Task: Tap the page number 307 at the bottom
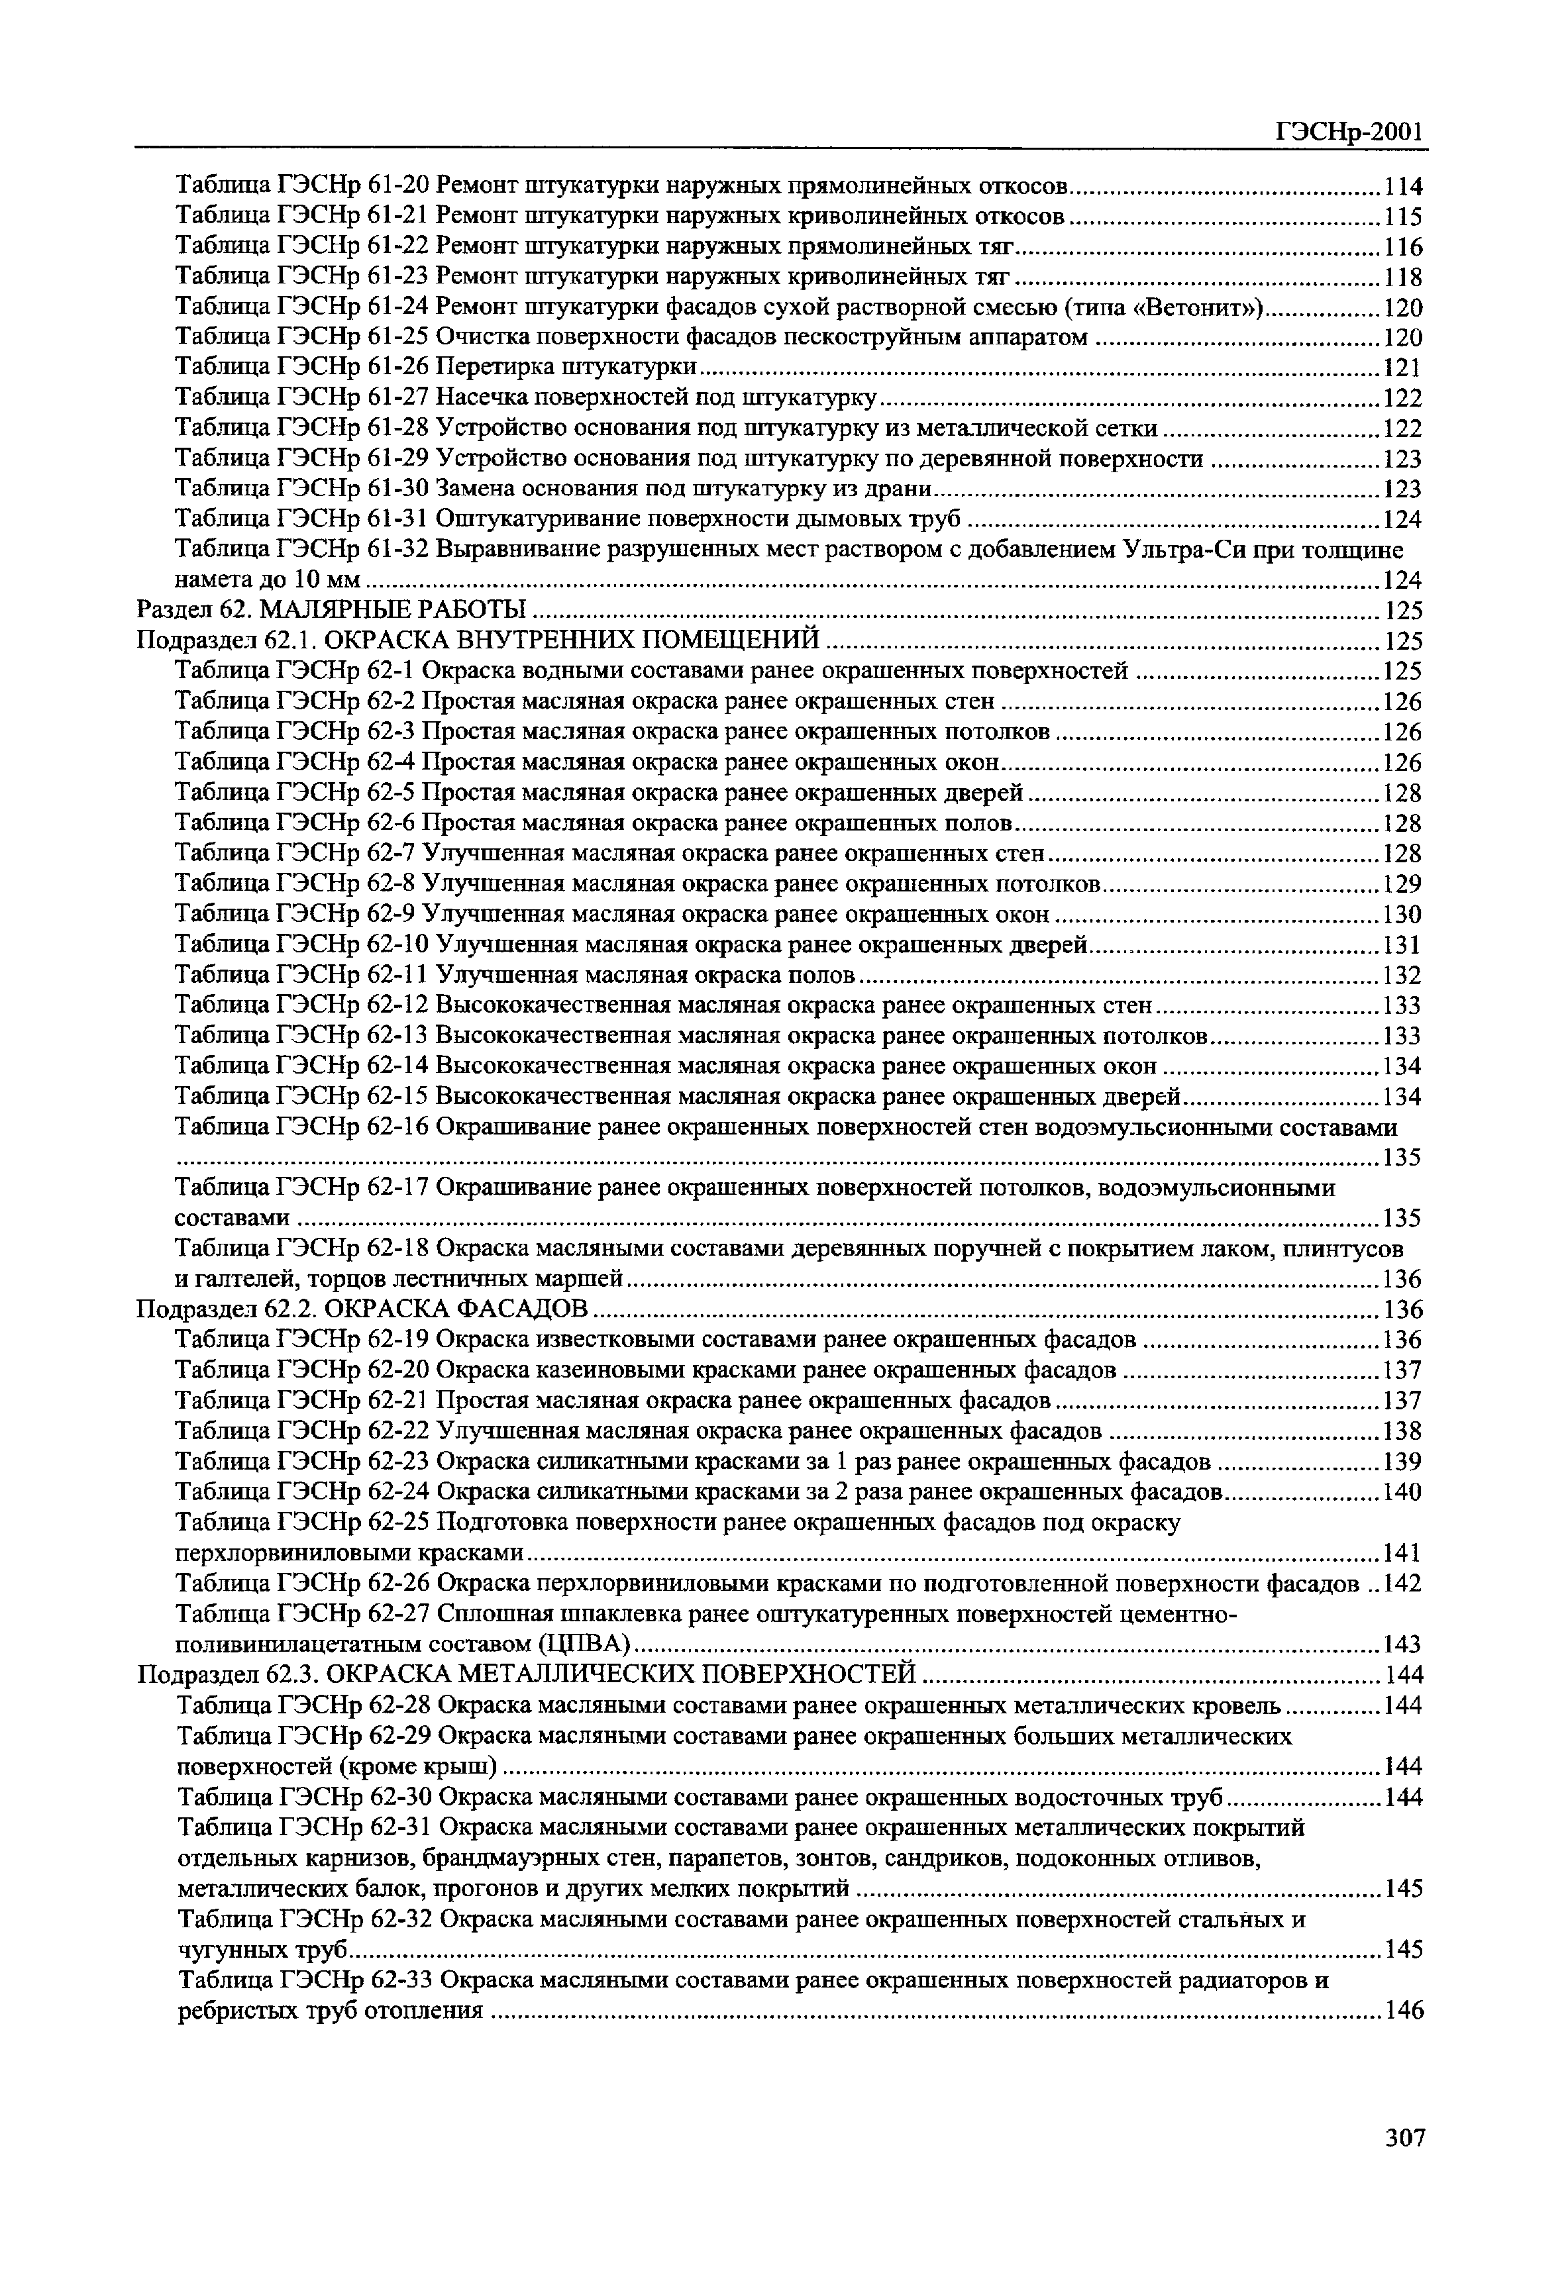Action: click(x=1404, y=2137)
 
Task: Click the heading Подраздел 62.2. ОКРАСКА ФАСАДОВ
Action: click(x=362, y=1309)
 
